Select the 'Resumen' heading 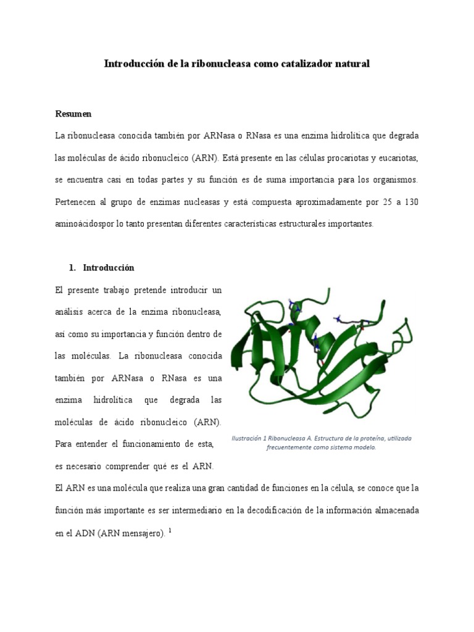(73, 114)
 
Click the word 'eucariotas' (399, 157)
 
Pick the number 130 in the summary (412, 202)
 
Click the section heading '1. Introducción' (101, 268)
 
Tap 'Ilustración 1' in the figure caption (251, 439)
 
